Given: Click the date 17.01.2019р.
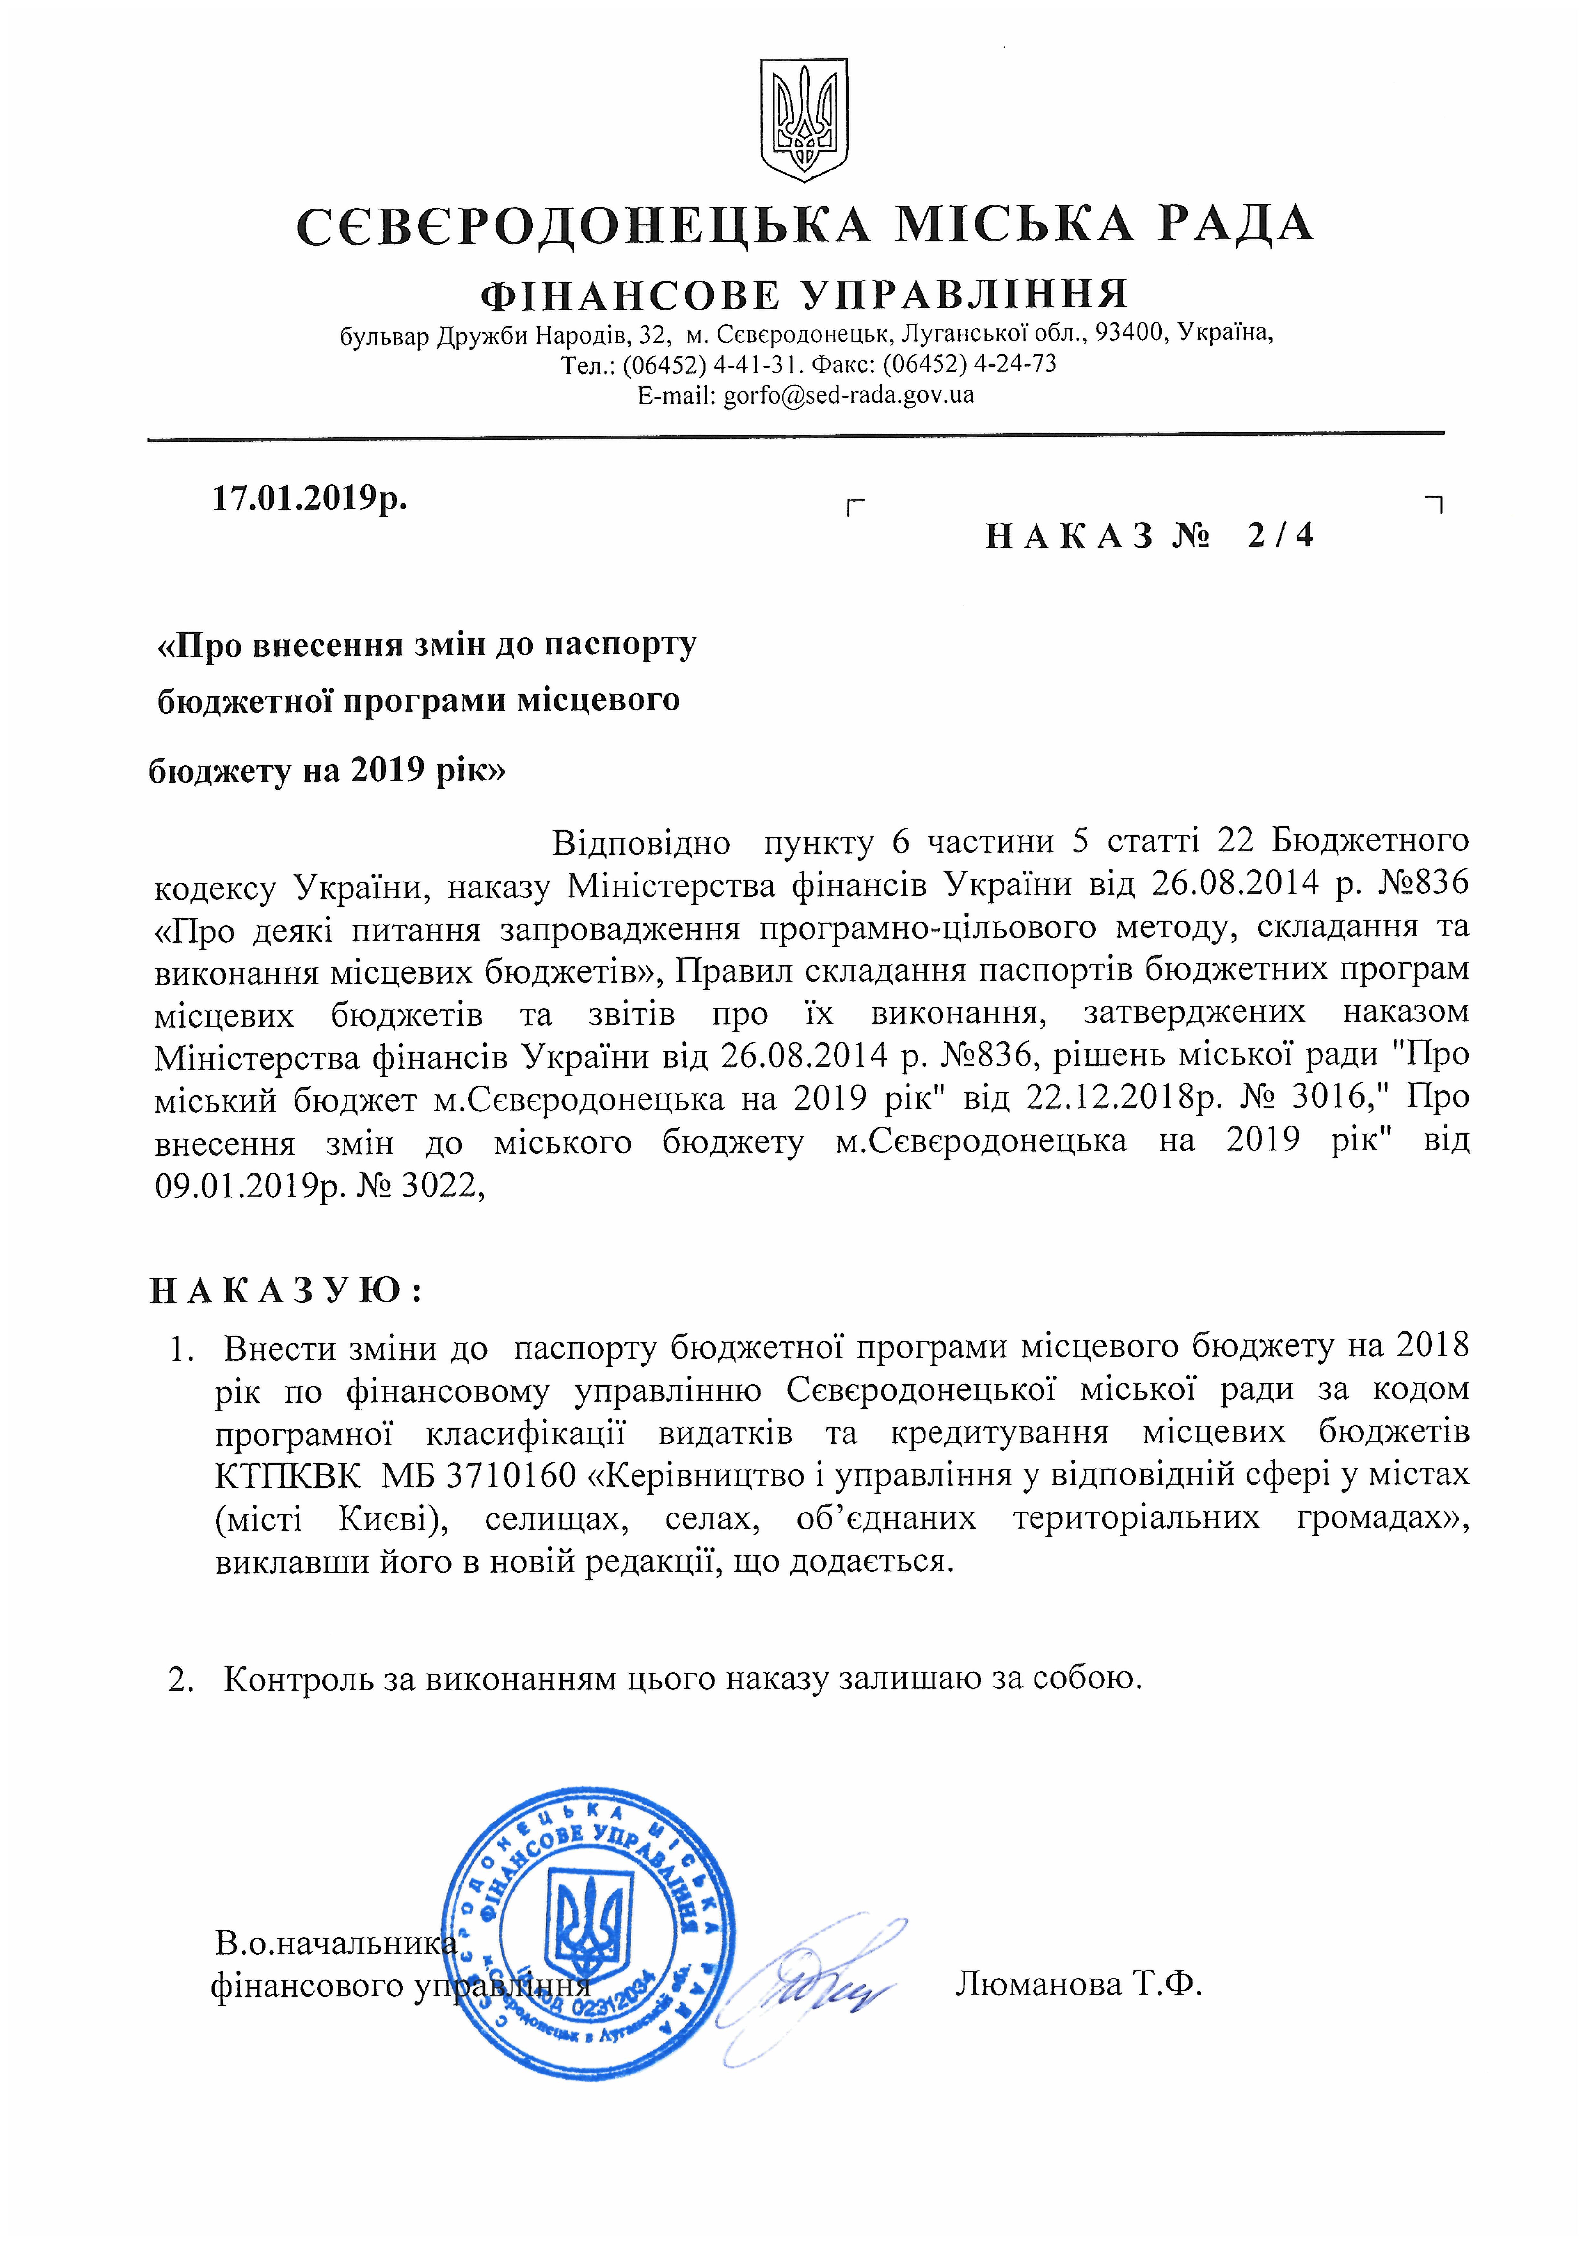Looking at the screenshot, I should coord(310,499).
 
